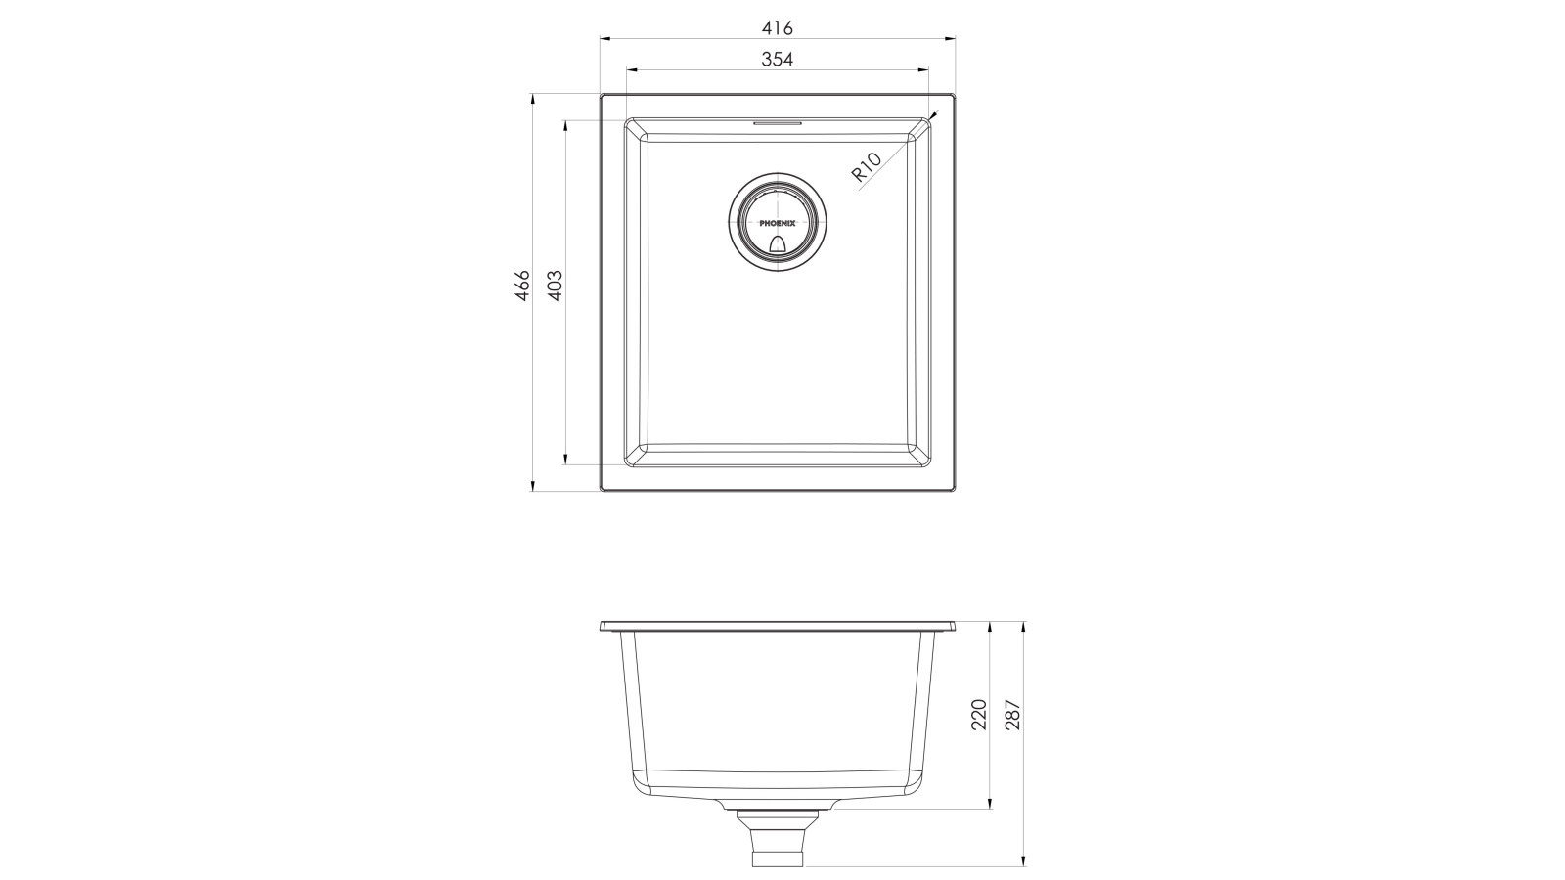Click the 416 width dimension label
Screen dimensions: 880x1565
point(778,28)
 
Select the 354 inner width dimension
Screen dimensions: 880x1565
point(778,59)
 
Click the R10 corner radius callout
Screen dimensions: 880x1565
point(867,167)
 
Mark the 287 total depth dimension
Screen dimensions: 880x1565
point(1012,715)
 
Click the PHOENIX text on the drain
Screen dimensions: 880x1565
point(779,223)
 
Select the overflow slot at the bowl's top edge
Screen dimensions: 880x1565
point(778,123)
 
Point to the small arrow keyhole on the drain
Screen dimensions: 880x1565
point(779,243)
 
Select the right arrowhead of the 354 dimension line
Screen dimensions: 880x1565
point(924,70)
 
